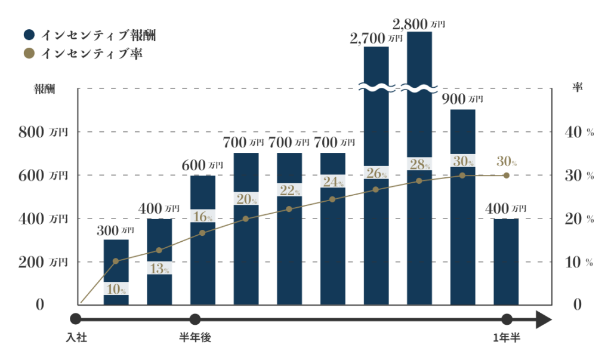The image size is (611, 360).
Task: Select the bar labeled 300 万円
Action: click(116, 263)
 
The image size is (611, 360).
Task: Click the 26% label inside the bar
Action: click(376, 173)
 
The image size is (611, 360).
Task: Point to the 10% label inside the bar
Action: click(116, 288)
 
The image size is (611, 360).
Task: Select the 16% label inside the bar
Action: click(203, 216)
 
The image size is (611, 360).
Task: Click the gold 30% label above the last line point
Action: click(506, 161)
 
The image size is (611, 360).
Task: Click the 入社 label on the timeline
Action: click(76, 338)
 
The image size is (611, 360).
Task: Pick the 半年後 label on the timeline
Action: click(195, 338)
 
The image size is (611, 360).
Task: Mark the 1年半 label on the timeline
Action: click(507, 338)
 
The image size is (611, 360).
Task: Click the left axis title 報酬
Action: click(44, 89)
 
